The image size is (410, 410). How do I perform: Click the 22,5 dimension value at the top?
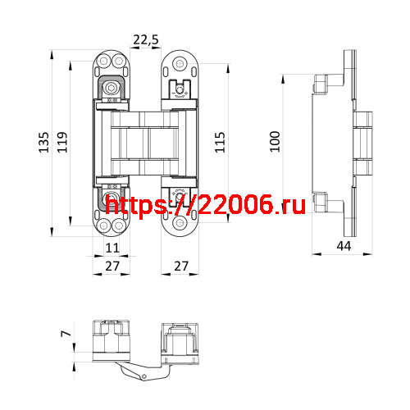pyautogui.click(x=146, y=40)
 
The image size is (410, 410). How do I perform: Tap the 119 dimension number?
pyautogui.click(x=61, y=144)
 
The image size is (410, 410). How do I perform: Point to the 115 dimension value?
pyautogui.click(x=219, y=143)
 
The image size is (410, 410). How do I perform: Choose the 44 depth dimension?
pyautogui.click(x=343, y=245)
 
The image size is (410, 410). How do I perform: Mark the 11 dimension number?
pyautogui.click(x=113, y=248)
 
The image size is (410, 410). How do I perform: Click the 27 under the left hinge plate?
pyautogui.click(x=113, y=266)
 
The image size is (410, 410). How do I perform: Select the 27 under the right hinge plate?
pyautogui.click(x=181, y=266)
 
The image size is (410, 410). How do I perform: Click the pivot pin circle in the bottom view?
pyautogui.click(x=143, y=376)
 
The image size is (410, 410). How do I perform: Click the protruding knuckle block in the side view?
pyautogui.click(x=363, y=143)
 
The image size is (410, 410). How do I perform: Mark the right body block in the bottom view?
pyautogui.click(x=181, y=342)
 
